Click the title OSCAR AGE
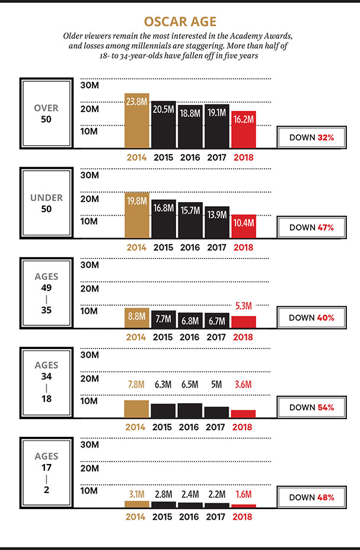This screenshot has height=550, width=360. click(x=180, y=21)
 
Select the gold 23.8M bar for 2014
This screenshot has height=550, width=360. click(x=136, y=120)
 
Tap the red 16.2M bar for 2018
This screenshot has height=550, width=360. click(x=244, y=129)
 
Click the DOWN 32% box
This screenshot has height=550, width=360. click(x=312, y=137)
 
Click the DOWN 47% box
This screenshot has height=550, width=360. click(x=312, y=227)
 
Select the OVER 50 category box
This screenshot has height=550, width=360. click(x=46, y=114)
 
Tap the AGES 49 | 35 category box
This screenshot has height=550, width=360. click(x=46, y=293)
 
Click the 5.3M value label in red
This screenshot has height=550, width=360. click(x=244, y=306)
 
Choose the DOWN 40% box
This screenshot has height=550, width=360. click(x=312, y=317)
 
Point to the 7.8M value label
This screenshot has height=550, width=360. click(x=136, y=385)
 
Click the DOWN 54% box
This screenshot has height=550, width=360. click(x=312, y=407)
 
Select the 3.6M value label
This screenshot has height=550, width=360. click(x=244, y=385)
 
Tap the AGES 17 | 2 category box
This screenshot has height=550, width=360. click(x=46, y=473)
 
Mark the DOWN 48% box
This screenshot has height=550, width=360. click(x=312, y=497)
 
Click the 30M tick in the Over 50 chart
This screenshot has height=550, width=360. click(x=88, y=85)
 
